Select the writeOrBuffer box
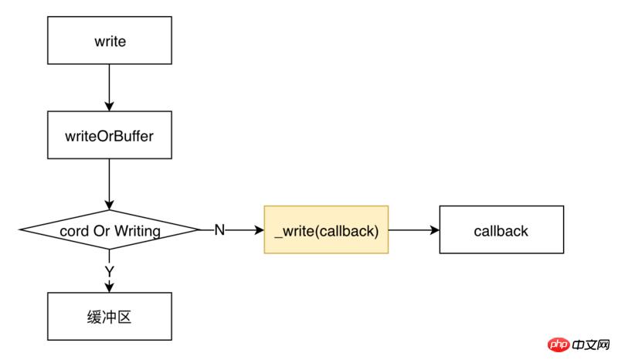point(109,137)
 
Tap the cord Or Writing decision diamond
point(109,230)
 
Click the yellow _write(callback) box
point(326,230)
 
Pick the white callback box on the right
point(501,230)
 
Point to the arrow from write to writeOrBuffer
point(109,87)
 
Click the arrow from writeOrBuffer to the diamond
point(109,184)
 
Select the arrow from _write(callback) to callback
point(413,230)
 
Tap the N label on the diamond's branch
point(219,230)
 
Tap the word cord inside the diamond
point(74,230)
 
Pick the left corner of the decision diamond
point(20,230)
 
